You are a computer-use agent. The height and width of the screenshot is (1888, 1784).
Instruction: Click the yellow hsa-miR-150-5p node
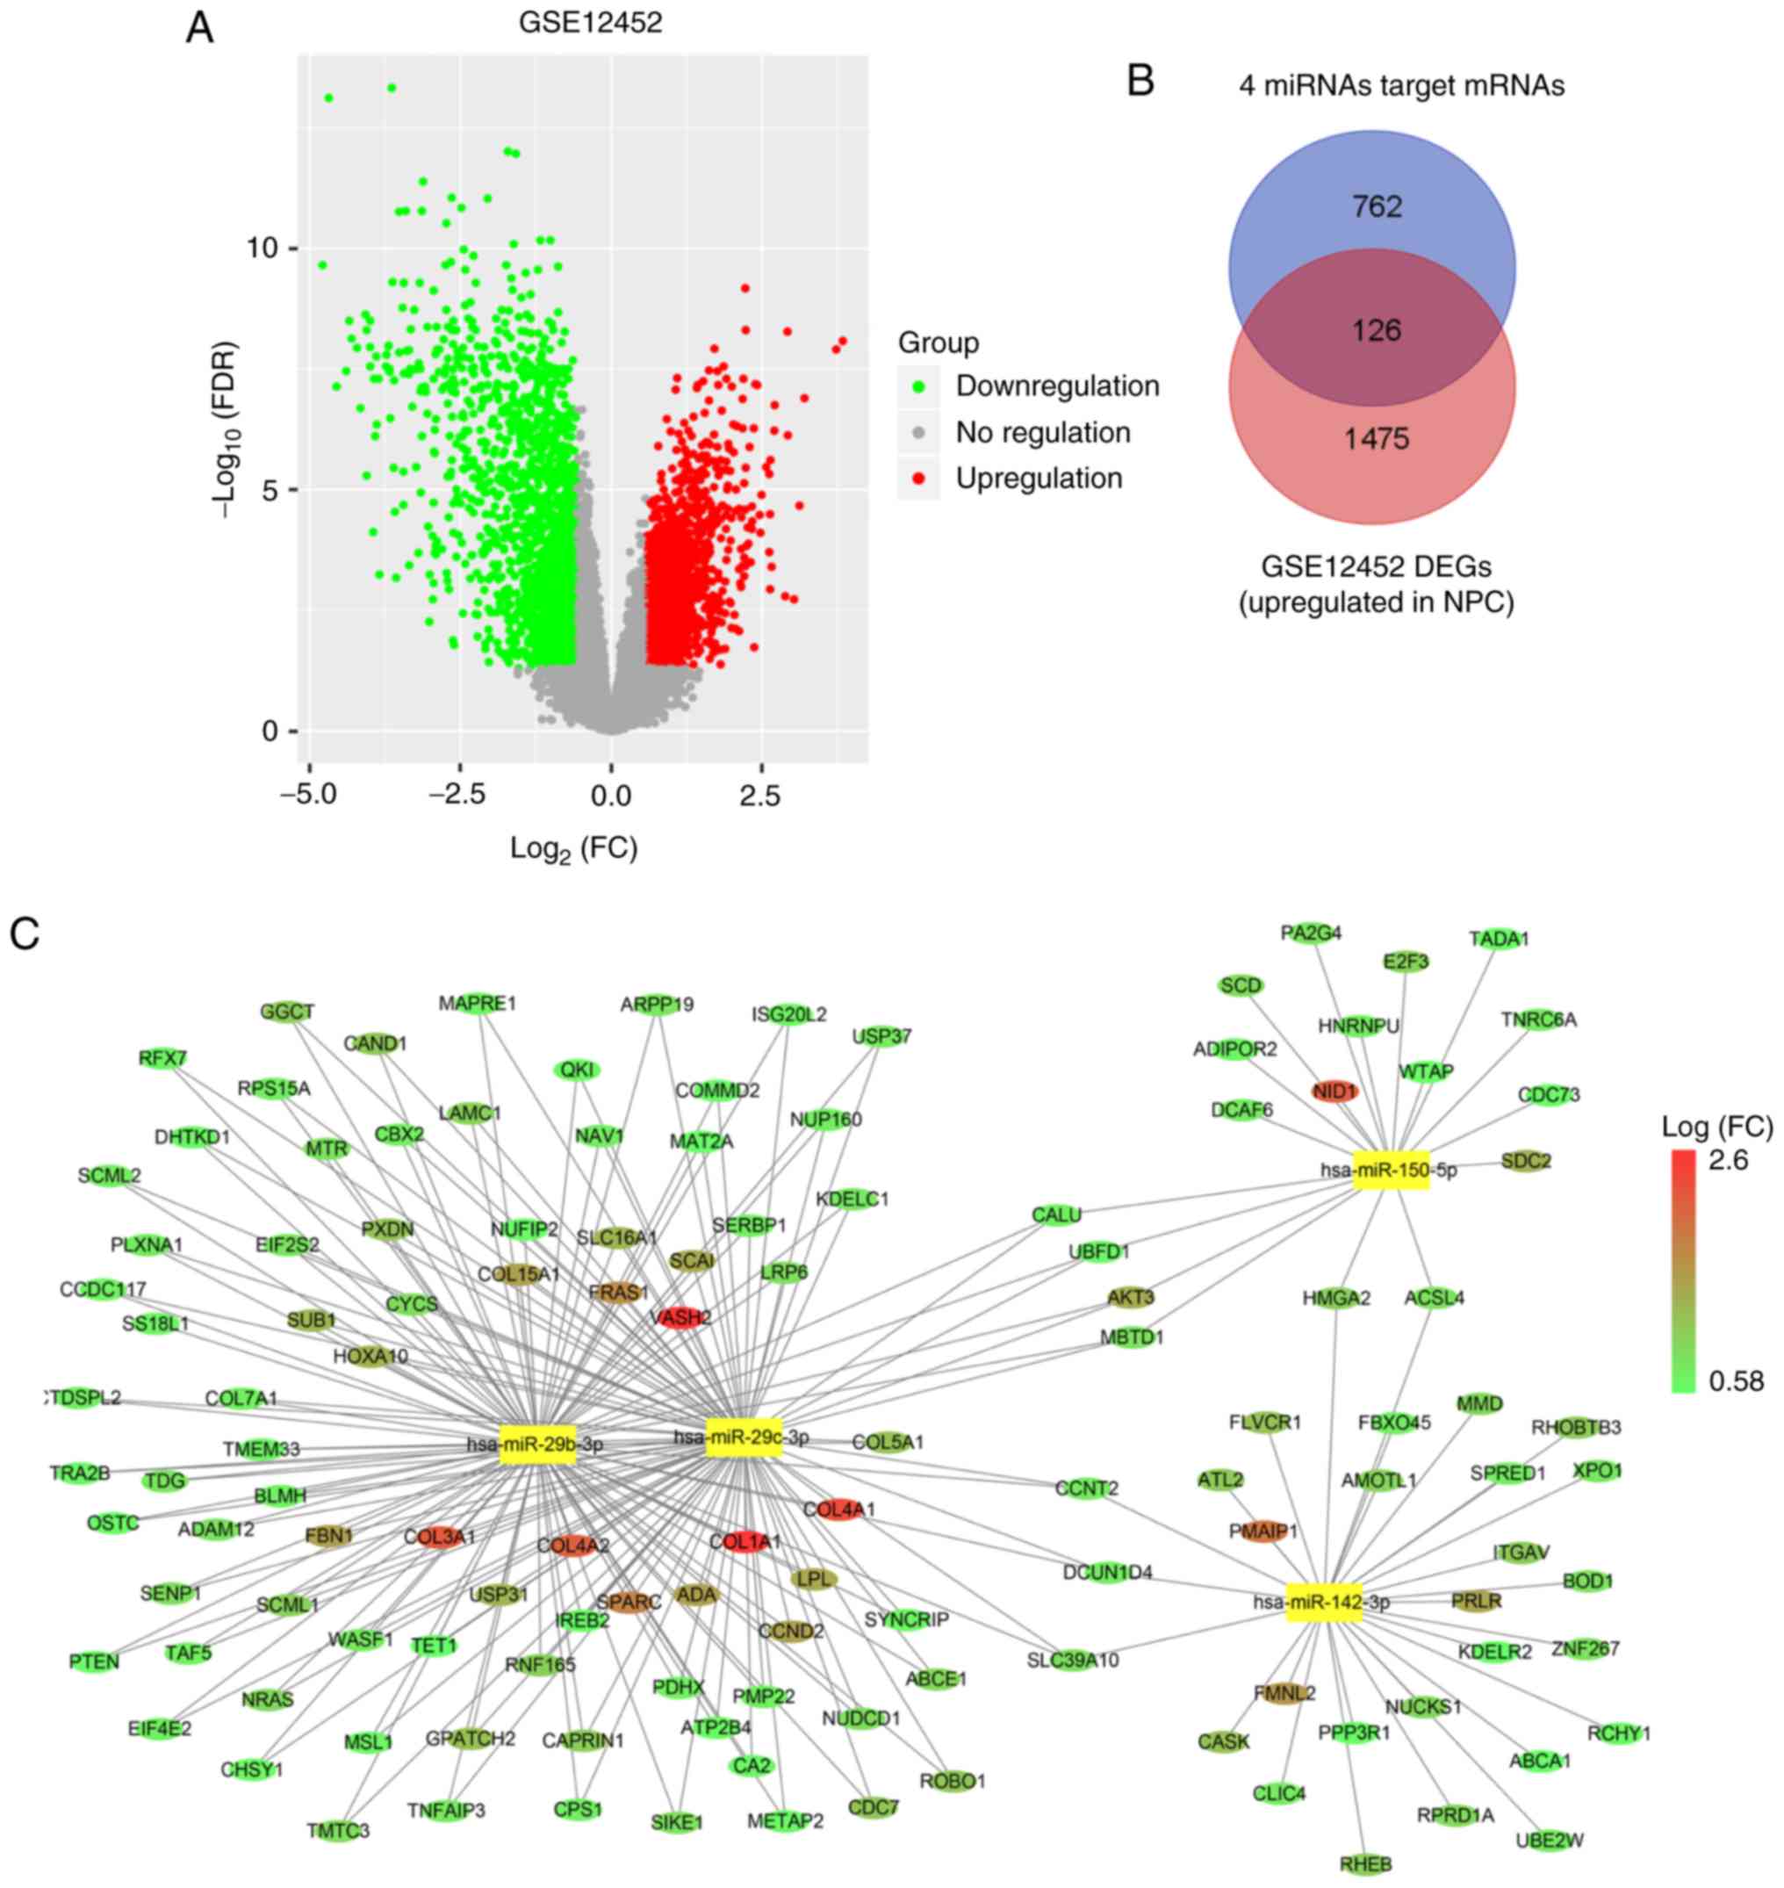coord(1392,1169)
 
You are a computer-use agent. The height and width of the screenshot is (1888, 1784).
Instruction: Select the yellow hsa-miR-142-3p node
coord(1323,1602)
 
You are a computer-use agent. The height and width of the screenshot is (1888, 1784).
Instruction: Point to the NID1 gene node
coord(1334,1092)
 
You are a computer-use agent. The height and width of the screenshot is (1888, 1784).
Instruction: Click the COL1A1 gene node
coord(745,1541)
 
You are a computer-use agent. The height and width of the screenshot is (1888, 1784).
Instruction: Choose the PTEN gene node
coord(94,1661)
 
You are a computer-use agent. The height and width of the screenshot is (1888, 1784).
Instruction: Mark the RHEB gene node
coord(1365,1864)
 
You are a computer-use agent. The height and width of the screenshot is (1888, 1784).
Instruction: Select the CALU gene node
coord(1056,1214)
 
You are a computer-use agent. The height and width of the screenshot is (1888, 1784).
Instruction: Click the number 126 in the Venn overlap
coord(1376,330)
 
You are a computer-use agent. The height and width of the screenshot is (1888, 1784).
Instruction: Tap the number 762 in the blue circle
coord(1376,206)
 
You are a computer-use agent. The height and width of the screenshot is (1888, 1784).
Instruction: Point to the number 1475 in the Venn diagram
coord(1376,439)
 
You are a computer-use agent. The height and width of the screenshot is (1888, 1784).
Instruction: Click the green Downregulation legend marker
coord(918,386)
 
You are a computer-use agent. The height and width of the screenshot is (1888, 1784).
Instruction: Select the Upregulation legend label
coord(1039,479)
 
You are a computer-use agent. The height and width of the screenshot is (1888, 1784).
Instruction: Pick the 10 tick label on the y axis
coord(263,249)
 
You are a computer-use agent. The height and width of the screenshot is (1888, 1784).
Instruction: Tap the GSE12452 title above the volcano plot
coord(590,23)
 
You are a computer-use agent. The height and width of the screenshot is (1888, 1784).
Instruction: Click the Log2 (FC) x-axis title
coord(573,847)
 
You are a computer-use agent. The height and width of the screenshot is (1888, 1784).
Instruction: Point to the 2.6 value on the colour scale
coord(1727,1159)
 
